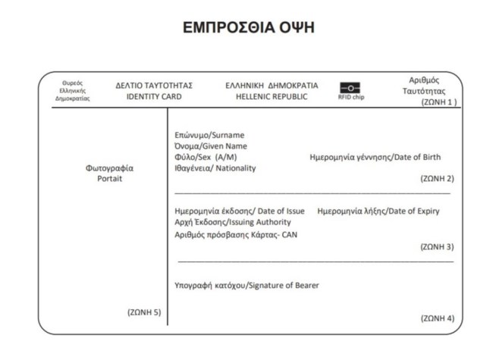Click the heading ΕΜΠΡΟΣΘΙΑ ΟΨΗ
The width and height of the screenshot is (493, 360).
click(248, 27)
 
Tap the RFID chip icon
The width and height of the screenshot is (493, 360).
click(351, 88)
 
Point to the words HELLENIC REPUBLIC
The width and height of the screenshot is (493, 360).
click(272, 97)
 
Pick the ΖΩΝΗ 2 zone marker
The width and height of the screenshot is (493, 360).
click(437, 179)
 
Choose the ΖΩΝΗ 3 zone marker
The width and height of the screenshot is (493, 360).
click(437, 246)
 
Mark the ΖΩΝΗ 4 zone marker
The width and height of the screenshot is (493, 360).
click(437, 318)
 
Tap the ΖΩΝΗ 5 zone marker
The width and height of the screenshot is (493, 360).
click(144, 311)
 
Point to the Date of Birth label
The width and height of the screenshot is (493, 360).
click(375, 158)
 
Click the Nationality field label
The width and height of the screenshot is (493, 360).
click(215, 168)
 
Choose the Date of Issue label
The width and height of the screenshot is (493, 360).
click(240, 211)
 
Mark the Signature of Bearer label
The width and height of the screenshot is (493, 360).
click(246, 285)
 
